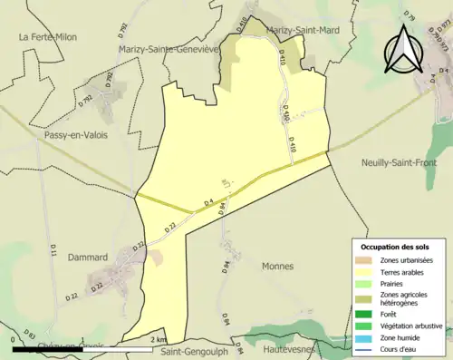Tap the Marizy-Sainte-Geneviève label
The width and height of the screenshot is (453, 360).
coord(169,49)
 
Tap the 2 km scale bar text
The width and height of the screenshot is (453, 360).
coord(158,341)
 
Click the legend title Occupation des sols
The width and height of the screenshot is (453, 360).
coord(401,247)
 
